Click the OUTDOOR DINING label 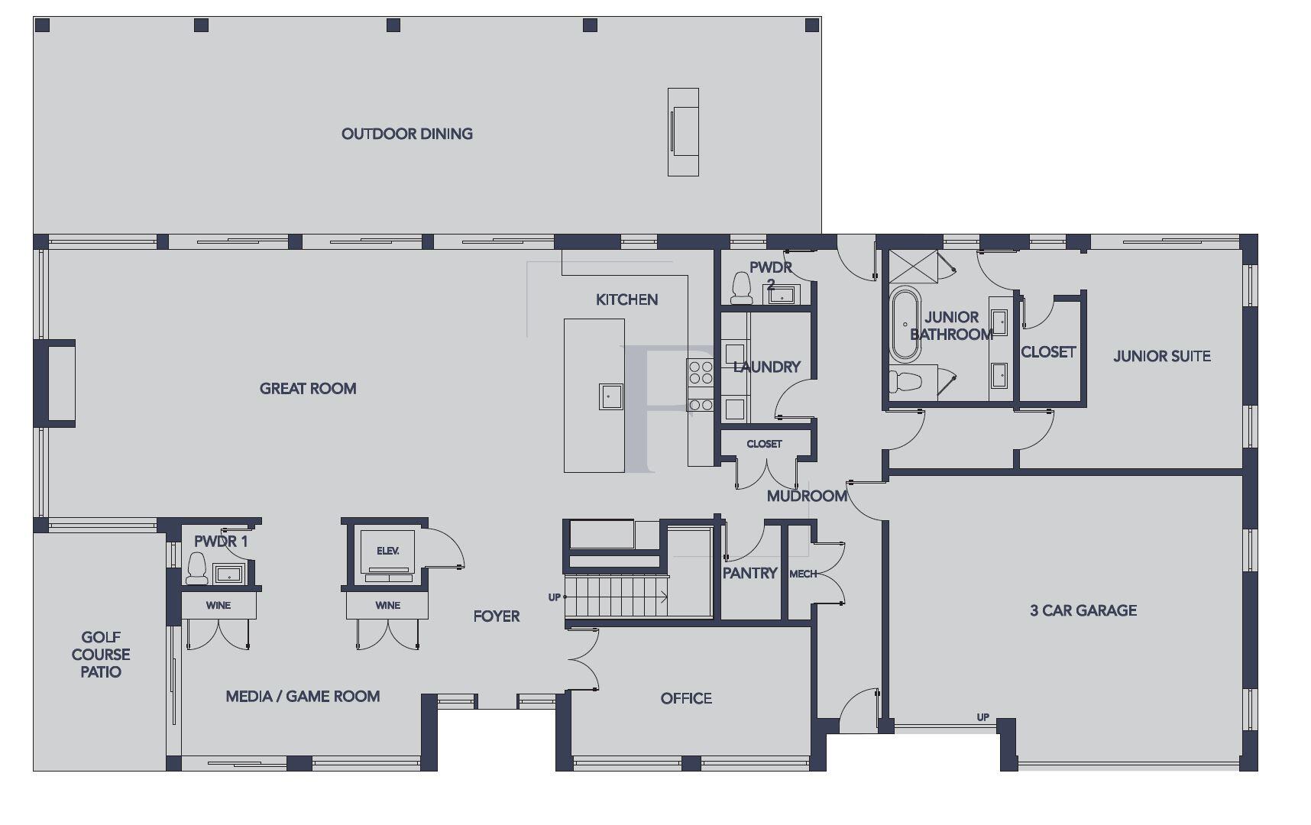pyautogui.click(x=406, y=134)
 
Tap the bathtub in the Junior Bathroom pyautogui.click(x=905, y=324)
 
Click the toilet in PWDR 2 pyautogui.click(x=741, y=288)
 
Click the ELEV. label pyautogui.click(x=387, y=551)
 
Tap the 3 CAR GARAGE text pyautogui.click(x=1083, y=610)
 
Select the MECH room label pyautogui.click(x=802, y=574)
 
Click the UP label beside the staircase pyautogui.click(x=555, y=597)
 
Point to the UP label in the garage pyautogui.click(x=982, y=717)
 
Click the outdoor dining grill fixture pyautogui.click(x=683, y=131)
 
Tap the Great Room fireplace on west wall pyautogui.click(x=58, y=382)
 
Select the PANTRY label pyautogui.click(x=749, y=573)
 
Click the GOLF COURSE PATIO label pyautogui.click(x=101, y=655)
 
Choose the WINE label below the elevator pyautogui.click(x=387, y=605)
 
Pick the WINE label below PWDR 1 pyautogui.click(x=218, y=605)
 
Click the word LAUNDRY pyautogui.click(x=766, y=367)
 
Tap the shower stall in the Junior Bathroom pyautogui.click(x=915, y=266)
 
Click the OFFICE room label pyautogui.click(x=686, y=698)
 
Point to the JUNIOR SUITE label pyautogui.click(x=1161, y=356)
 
